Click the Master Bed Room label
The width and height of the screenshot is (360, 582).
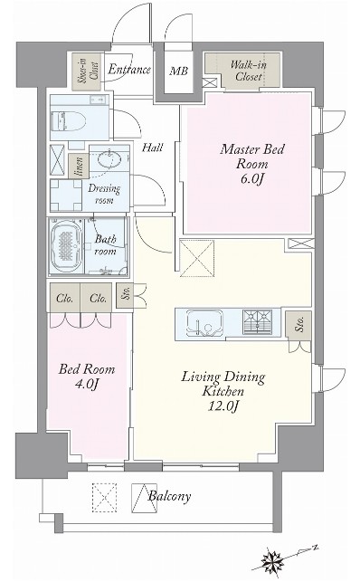coord(252,164)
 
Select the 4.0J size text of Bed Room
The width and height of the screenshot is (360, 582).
coord(87,384)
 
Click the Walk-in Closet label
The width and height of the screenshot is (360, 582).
coord(249,71)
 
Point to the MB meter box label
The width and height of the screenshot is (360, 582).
coord(179,71)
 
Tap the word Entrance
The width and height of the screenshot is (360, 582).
coord(129,70)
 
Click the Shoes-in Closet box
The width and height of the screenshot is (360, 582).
coord(87,72)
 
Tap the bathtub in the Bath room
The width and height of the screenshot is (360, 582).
coord(66,246)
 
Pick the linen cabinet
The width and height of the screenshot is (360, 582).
coord(79,166)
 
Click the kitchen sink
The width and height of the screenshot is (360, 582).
coord(204,322)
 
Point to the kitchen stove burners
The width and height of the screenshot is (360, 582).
coord(257,320)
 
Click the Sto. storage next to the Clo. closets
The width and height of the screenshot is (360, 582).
coord(125,295)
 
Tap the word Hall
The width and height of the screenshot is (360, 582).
coord(152,148)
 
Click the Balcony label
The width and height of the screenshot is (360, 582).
coord(169,496)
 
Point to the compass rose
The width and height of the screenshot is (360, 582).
coord(272,559)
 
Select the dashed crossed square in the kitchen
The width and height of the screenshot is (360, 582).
coord(197,258)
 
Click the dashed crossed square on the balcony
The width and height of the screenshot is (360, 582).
coord(104,498)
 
